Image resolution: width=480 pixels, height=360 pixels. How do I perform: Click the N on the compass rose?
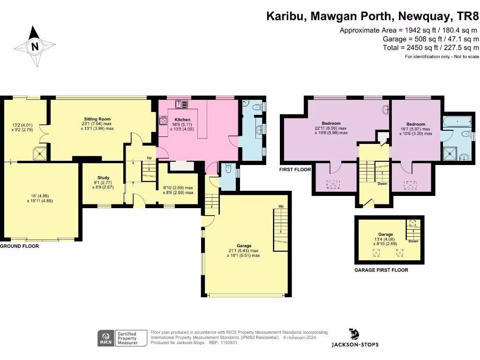point(34,46)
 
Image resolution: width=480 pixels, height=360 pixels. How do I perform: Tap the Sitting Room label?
point(97,119)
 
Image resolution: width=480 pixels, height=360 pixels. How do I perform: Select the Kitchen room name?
point(182,120)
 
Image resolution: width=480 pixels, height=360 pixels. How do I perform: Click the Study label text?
point(103,178)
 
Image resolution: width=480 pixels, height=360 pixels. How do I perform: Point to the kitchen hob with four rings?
point(164,121)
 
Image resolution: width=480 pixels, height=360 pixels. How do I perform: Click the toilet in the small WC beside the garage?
point(228,169)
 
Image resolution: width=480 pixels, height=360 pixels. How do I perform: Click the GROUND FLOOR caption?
point(19,246)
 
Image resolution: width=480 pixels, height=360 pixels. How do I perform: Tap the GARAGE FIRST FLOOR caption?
point(381,270)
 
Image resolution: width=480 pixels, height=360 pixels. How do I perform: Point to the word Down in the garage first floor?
point(413,241)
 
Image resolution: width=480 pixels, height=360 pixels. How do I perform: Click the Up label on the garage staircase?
point(281,206)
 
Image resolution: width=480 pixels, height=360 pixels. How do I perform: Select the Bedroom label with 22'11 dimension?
point(334,123)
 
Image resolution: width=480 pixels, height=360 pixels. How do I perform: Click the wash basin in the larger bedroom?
point(385,110)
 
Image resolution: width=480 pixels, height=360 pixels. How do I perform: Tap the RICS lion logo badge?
point(106,337)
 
